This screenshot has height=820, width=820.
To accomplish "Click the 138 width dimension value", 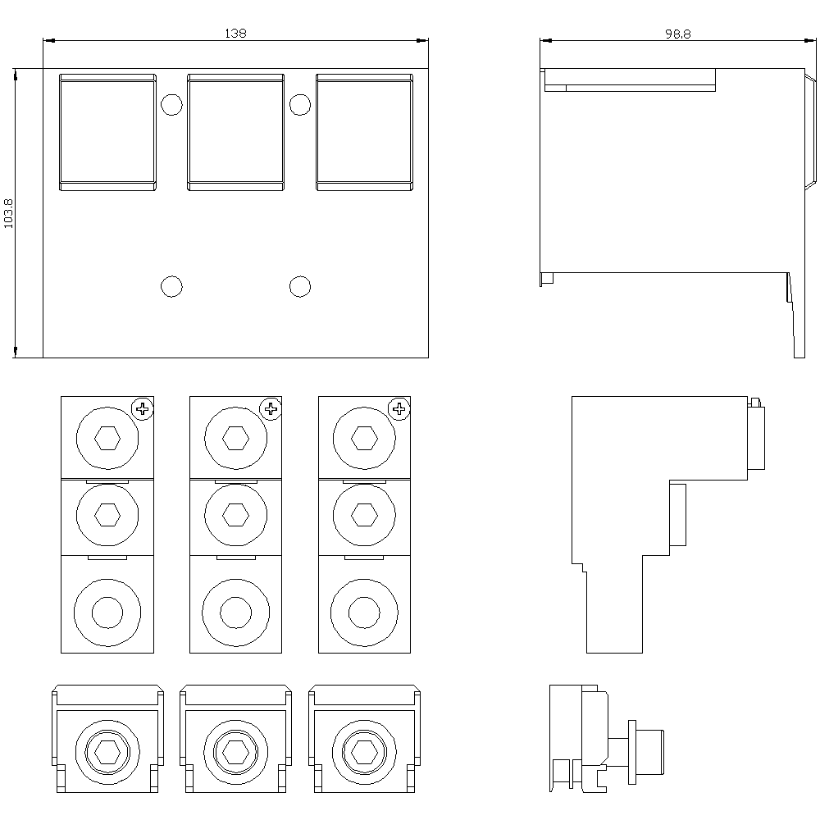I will point(235,33).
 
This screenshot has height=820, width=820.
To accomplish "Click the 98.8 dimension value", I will point(677,33).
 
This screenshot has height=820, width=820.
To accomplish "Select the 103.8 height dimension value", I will point(10,213).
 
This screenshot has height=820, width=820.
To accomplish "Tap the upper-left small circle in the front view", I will point(171,105).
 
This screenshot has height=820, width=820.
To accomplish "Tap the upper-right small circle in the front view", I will point(300,105).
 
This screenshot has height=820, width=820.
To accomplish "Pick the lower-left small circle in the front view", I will point(171,286).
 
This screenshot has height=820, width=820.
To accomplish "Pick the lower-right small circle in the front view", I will point(300,286).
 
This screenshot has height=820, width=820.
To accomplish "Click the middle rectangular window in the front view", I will point(236,132).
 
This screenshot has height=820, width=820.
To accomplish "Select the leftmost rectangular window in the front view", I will point(107,132).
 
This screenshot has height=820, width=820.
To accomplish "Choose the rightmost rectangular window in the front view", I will point(364,132).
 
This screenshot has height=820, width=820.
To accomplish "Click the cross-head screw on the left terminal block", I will point(143,408).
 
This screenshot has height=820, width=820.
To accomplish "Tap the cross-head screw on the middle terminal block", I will point(271,408).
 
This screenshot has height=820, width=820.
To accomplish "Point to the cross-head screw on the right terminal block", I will point(399,408).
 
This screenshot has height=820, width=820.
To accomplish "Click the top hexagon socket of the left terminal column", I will point(107,439).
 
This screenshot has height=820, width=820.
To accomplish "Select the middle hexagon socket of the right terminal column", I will point(363,514).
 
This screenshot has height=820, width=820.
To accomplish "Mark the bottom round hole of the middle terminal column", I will point(235,612).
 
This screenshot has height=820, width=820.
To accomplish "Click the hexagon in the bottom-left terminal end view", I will point(107,750).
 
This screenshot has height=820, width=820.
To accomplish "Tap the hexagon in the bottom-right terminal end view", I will point(363,750).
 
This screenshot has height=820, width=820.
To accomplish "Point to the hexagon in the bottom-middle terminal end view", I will point(235,750).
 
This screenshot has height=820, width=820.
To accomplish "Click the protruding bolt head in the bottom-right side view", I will point(652,752).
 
